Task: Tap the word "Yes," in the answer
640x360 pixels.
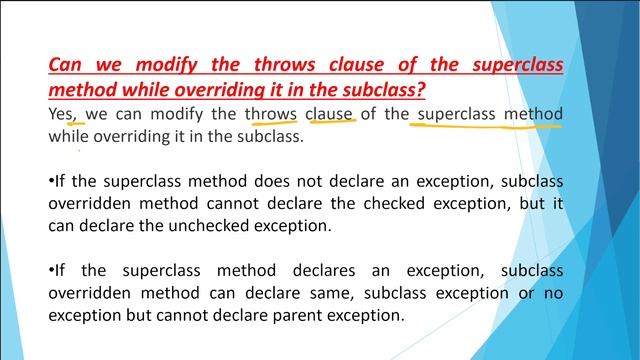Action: [x=64, y=113]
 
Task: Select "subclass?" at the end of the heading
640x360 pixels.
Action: [x=384, y=90]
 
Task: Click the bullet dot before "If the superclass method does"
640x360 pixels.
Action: [x=51, y=181]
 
